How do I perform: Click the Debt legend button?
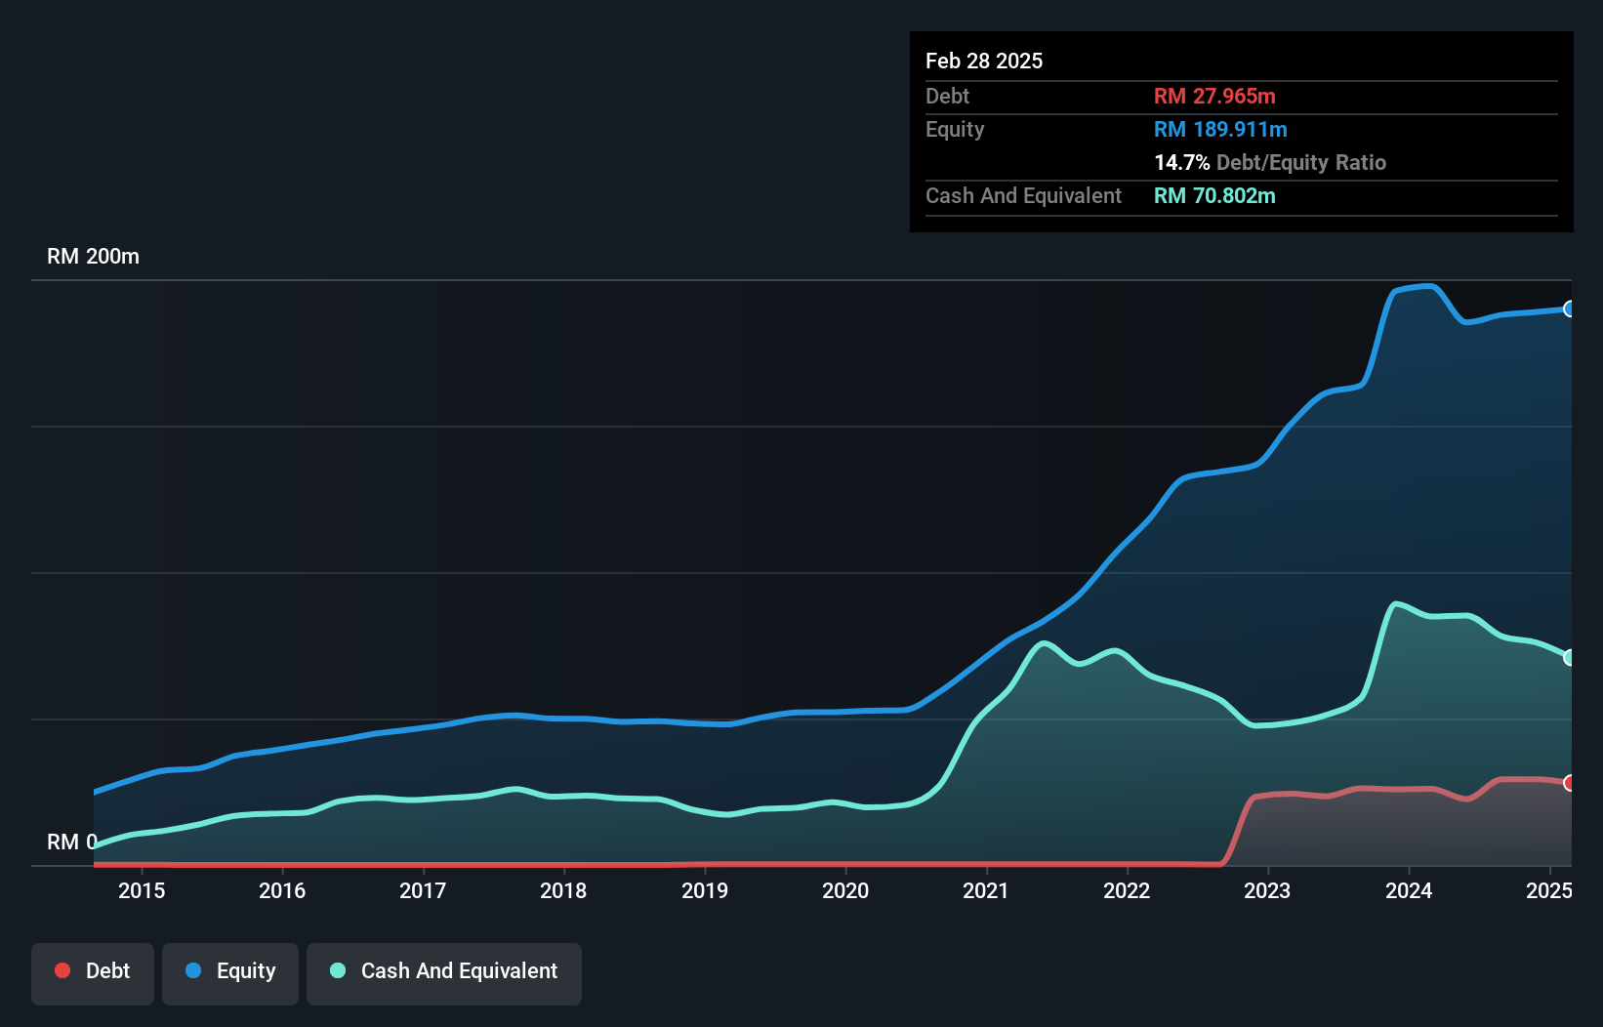point(93,972)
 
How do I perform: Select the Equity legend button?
point(230,972)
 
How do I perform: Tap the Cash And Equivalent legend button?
point(444,972)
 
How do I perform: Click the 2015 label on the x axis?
point(142,890)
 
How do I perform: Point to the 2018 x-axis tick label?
point(563,890)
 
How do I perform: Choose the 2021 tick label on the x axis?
point(986,890)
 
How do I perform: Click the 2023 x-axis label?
point(1267,890)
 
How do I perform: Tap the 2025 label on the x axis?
point(1548,890)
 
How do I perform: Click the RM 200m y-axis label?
point(93,257)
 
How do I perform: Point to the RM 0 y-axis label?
point(71,842)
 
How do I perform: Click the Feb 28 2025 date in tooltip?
point(984,61)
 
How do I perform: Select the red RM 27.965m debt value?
point(1214,96)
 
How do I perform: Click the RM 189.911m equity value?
point(1220,129)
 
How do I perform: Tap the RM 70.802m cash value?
point(1214,195)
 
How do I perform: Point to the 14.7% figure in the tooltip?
point(1181,162)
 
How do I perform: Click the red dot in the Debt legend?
point(62,970)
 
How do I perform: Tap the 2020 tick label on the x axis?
point(845,890)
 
